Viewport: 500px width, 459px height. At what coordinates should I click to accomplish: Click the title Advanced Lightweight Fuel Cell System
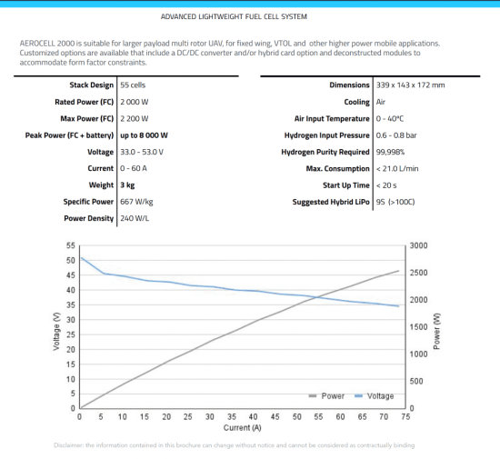pyautogui.click(x=234, y=16)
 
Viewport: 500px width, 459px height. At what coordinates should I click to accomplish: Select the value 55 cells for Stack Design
pyautogui.click(x=133, y=85)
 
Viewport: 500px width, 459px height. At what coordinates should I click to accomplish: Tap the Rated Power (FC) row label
pyautogui.click(x=85, y=102)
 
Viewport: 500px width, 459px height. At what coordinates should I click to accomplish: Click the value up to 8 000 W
pyautogui.click(x=144, y=135)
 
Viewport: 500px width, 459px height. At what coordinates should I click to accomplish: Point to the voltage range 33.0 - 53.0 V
pyautogui.click(x=142, y=152)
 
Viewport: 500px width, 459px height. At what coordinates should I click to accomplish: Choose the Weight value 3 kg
pyautogui.click(x=127, y=185)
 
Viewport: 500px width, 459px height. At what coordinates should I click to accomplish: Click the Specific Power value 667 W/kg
pyautogui.click(x=136, y=202)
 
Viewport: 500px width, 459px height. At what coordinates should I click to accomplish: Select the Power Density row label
pyautogui.click(x=89, y=218)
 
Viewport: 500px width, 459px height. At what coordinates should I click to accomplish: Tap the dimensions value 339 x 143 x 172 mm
pyautogui.click(x=410, y=85)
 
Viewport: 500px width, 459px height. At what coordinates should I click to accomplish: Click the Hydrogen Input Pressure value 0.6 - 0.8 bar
pyautogui.click(x=396, y=135)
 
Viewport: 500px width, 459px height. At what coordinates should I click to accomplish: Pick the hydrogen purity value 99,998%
pyautogui.click(x=390, y=152)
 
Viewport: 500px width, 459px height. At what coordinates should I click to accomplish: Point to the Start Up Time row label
pyautogui.click(x=346, y=185)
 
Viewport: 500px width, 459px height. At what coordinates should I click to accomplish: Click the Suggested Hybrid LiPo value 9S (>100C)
pyautogui.click(x=395, y=202)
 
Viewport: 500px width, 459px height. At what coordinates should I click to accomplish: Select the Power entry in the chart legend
pyautogui.click(x=327, y=396)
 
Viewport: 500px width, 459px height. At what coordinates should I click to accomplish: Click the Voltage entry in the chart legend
pyautogui.click(x=375, y=396)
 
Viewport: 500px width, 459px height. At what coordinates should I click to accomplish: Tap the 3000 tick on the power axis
pyautogui.click(x=418, y=245)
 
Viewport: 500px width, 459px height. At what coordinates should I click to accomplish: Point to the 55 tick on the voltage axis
pyautogui.click(x=71, y=245)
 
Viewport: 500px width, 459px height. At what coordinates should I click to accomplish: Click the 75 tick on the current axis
pyautogui.click(x=405, y=416)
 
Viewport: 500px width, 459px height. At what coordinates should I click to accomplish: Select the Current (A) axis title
pyautogui.click(x=243, y=428)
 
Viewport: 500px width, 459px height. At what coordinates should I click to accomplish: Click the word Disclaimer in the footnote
pyautogui.click(x=68, y=445)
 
